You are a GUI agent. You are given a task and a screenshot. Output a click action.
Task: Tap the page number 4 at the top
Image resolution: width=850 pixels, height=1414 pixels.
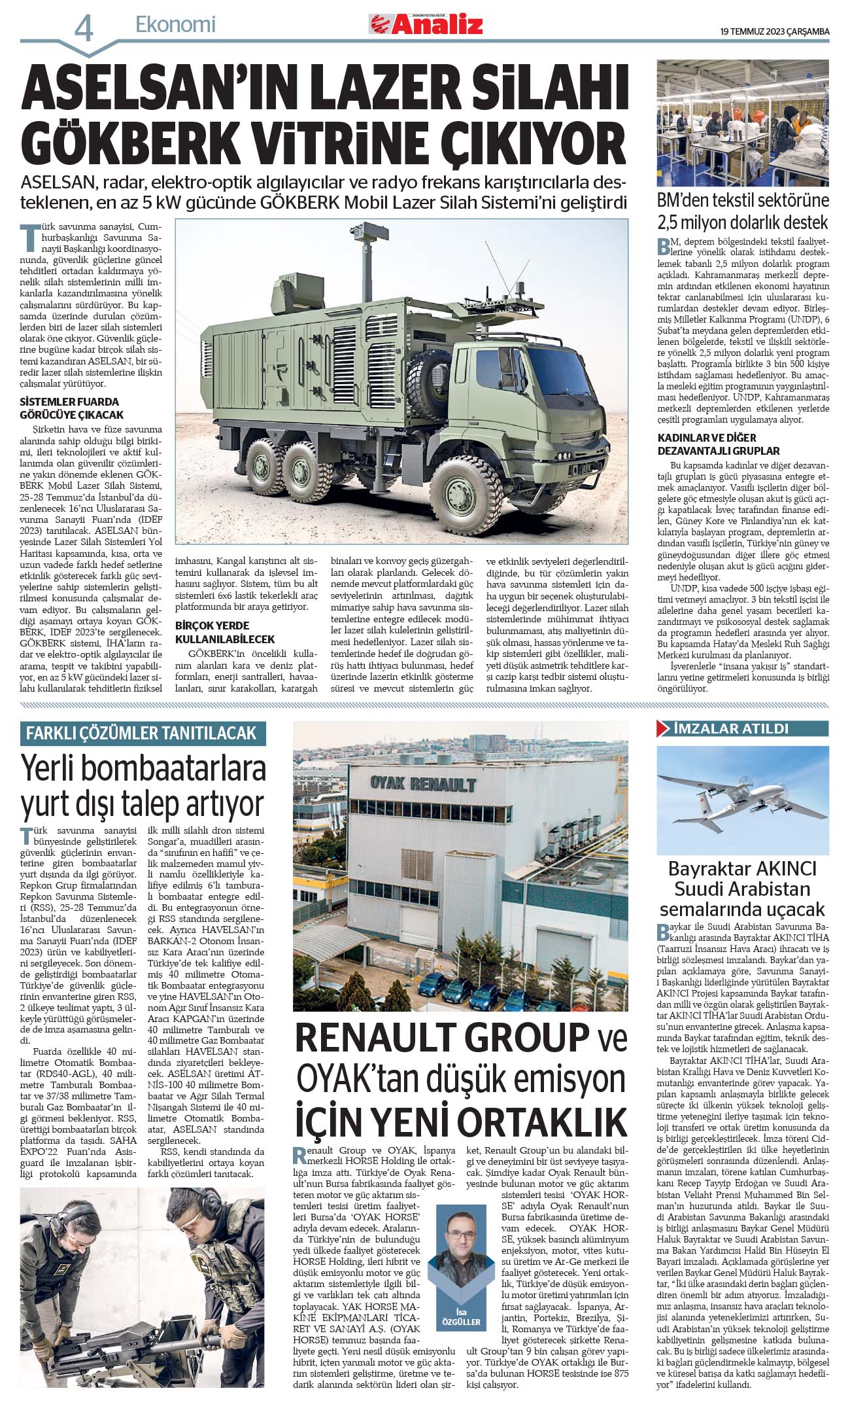pyautogui.click(x=84, y=28)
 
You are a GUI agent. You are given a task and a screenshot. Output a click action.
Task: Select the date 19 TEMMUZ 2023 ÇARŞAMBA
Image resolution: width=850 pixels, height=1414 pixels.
pyautogui.click(x=774, y=31)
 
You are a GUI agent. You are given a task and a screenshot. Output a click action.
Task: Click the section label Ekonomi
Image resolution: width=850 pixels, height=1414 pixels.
pyautogui.click(x=175, y=25)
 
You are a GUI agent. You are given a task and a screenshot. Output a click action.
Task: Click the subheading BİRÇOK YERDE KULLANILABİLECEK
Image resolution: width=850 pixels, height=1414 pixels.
pyautogui.click(x=225, y=632)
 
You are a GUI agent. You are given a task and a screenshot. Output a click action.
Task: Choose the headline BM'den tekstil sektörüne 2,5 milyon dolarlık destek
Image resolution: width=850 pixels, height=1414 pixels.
pyautogui.click(x=743, y=210)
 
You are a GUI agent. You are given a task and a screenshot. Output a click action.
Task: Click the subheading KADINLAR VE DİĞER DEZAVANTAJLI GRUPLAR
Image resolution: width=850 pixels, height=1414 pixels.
pyautogui.click(x=719, y=444)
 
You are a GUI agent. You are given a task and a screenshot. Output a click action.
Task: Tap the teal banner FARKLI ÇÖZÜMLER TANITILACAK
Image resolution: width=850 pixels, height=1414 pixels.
pyautogui.click(x=143, y=734)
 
